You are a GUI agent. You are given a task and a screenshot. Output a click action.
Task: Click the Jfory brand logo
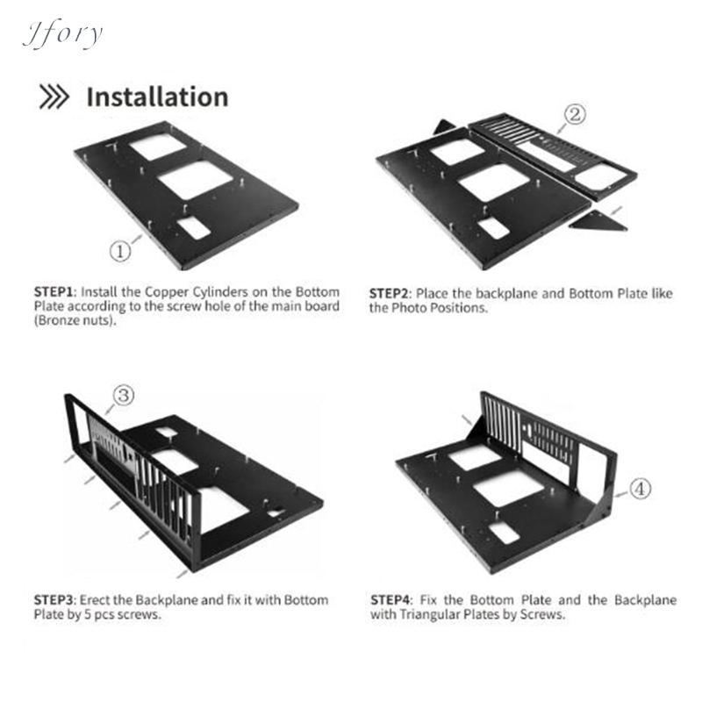(x=62, y=34)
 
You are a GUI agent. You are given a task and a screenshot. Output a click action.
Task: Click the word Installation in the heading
(x=157, y=97)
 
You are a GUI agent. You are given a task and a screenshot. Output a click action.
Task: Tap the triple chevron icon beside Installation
(x=54, y=97)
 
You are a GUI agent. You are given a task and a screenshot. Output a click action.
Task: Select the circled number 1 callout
(x=120, y=251)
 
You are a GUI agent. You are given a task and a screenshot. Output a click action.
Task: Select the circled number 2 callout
(x=575, y=114)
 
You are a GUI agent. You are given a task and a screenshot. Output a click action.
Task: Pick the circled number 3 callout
(x=124, y=396)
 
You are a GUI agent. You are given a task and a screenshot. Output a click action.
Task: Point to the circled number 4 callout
(x=641, y=489)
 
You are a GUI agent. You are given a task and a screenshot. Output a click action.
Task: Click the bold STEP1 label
(x=54, y=292)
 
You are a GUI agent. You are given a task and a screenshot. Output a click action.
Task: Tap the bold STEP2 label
(x=389, y=294)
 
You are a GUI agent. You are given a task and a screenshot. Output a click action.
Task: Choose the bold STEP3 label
(x=54, y=600)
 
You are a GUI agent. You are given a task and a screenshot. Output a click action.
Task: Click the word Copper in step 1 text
(x=166, y=293)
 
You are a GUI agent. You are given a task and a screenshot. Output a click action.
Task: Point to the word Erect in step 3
(x=95, y=600)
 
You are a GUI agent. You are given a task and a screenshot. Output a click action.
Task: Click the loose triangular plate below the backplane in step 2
(x=598, y=221)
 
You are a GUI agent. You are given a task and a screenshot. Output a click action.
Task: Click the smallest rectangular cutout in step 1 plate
(x=193, y=228)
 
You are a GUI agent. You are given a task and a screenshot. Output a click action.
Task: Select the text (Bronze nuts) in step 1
(x=75, y=321)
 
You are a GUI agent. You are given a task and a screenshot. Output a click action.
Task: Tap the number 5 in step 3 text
(x=88, y=614)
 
